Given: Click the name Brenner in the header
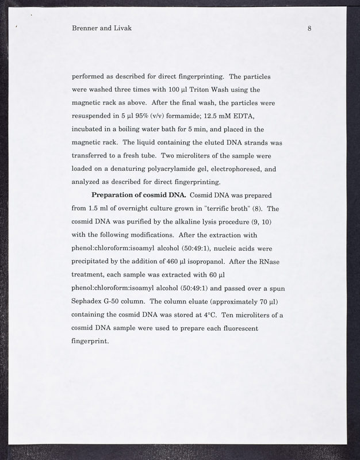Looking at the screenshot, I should (x=86, y=28).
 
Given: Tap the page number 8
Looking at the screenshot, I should (x=309, y=28).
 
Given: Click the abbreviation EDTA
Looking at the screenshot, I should (x=248, y=117).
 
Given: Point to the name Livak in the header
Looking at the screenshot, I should (x=122, y=28).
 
